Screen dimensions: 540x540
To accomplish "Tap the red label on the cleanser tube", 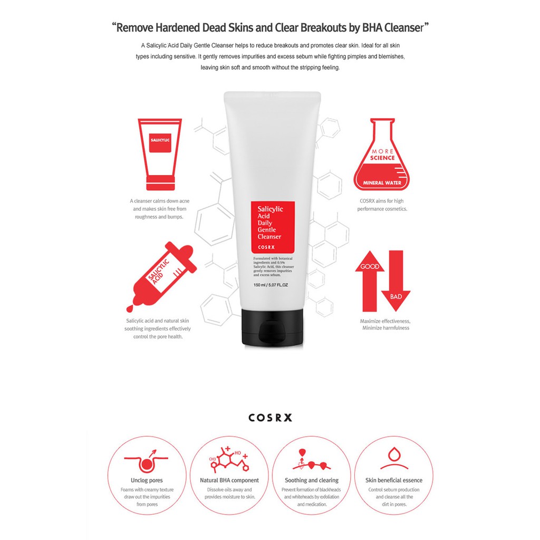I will click(x=272, y=226).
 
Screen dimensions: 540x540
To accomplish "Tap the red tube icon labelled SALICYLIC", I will click(x=160, y=153).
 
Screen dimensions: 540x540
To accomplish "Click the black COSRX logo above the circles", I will click(x=270, y=418).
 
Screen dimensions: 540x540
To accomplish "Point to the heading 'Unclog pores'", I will click(x=147, y=480).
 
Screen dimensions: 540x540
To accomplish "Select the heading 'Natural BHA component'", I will click(x=229, y=480).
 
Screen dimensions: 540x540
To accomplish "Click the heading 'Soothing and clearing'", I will click(x=312, y=480).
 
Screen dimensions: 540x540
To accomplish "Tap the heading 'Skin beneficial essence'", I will click(x=394, y=480).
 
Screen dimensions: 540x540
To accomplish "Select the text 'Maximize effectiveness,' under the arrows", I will click(x=385, y=321).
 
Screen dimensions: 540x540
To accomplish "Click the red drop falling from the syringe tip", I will click(x=130, y=307).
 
